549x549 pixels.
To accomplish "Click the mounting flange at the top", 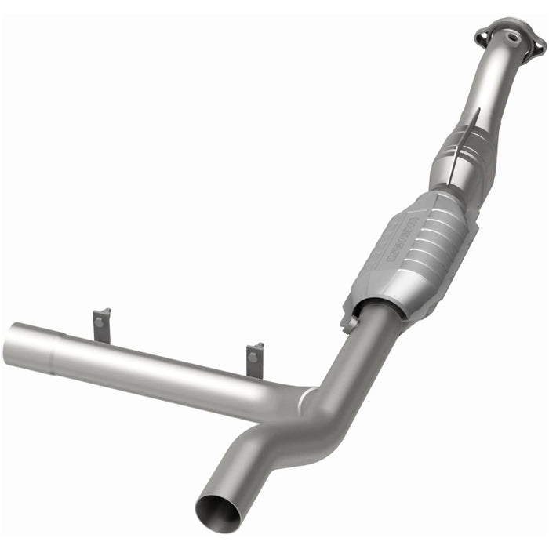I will coord(510,39).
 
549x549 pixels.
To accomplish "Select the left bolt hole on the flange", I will coord(485,33).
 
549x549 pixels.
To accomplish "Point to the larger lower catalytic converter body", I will coord(412,247).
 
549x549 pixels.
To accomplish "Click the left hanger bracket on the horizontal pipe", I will coord(102,325).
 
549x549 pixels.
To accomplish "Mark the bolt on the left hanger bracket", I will coord(100,320).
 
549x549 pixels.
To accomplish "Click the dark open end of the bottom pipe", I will coord(218,514).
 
